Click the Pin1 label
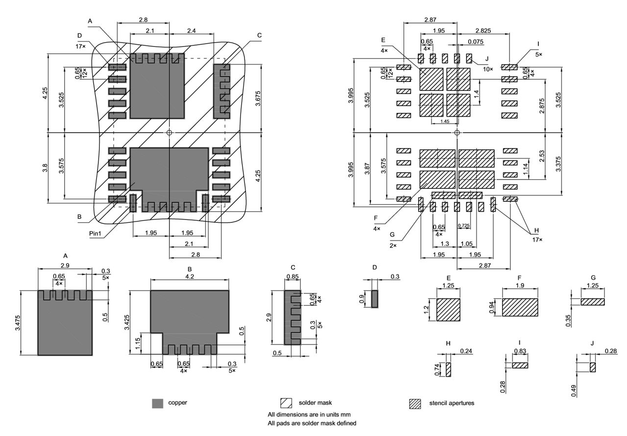(96, 234)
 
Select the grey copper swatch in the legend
(157, 403)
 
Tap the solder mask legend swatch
(286, 403)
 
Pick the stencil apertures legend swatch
(415, 404)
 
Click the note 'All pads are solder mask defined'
(312, 423)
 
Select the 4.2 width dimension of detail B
(190, 276)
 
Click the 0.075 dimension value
(475, 42)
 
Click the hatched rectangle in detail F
(520, 308)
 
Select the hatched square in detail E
(448, 310)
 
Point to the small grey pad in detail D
(375, 298)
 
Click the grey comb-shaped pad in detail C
(291, 317)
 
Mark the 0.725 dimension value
(464, 225)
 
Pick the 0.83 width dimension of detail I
(520, 351)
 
